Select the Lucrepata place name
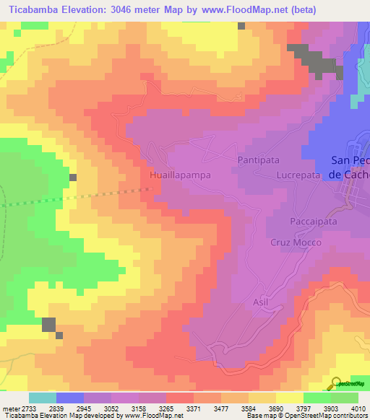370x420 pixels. click(298, 175)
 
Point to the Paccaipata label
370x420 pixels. click(314, 222)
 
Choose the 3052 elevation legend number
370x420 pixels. click(113, 408)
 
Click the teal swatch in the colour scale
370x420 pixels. click(42, 398)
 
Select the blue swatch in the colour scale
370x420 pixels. click(69, 398)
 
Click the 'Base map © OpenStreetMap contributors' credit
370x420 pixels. click(306, 416)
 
